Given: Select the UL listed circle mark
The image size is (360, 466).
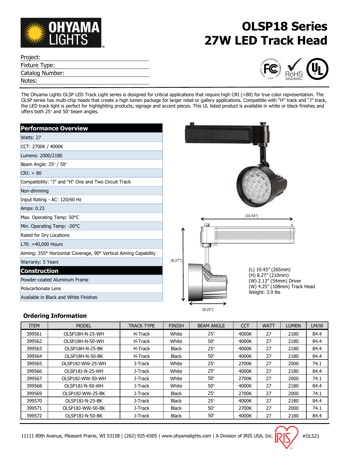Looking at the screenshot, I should coord(317,69).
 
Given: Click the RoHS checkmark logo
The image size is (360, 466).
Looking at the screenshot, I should coord(294,69).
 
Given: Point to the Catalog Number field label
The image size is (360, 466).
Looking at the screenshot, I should coord(42,73).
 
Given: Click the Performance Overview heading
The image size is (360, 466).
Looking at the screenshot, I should coord(54,128).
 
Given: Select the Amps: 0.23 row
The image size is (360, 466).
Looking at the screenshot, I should coord(32,208).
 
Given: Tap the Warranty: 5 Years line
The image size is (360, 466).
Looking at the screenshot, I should coord(40,262).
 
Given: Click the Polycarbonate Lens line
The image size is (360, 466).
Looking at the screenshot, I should coord(41,288).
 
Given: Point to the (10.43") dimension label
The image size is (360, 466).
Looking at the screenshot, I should coord(251,216).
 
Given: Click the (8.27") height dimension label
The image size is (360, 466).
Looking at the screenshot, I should coord(176,260).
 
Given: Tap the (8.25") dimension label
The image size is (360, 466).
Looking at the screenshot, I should coord(208,309).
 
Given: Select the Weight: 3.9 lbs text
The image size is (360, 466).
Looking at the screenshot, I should coord(264,292).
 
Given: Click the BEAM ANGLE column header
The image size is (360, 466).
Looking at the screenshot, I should coord(211,326).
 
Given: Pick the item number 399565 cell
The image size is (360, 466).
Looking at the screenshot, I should coord(34,364).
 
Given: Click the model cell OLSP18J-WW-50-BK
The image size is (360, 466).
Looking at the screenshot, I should coord(84,408).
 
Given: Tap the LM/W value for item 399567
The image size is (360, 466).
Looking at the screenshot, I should coord(317,379).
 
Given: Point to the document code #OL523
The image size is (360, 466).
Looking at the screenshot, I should coord(311,436).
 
